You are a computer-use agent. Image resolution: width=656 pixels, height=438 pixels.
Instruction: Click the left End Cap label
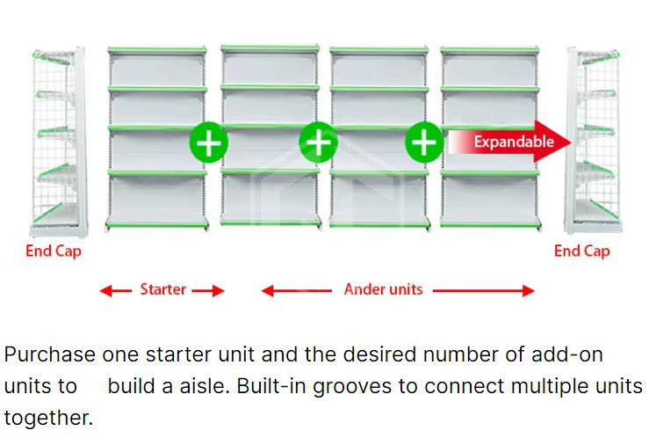[54, 252]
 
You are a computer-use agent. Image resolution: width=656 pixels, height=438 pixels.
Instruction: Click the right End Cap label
[581, 252]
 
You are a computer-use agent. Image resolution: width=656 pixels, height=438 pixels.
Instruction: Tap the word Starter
[162, 289]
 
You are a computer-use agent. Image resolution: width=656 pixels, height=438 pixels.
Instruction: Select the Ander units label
[383, 289]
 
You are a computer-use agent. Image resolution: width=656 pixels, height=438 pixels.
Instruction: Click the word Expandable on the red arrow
[514, 141]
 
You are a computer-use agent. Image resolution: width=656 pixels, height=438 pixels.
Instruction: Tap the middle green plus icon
[318, 142]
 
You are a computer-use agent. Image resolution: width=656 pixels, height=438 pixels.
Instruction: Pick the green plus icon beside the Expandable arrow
[424, 142]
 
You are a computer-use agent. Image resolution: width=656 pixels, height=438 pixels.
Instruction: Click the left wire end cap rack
[55, 141]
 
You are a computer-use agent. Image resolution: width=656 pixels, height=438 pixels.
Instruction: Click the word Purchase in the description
[49, 355]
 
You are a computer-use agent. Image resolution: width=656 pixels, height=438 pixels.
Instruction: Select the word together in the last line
[47, 417]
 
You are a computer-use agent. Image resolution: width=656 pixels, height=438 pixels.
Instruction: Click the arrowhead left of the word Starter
[105, 290]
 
